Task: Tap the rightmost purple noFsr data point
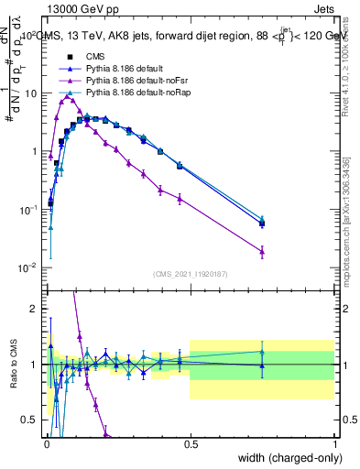[262, 251]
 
